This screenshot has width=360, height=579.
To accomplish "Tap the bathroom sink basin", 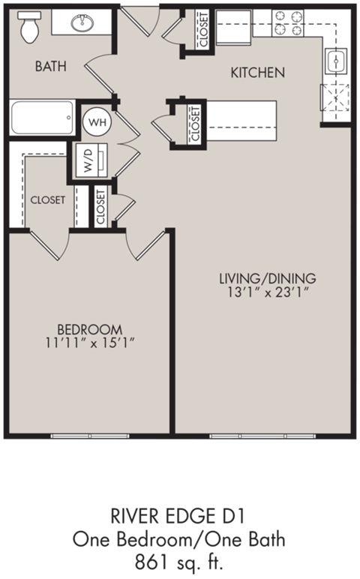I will pyautogui.click(x=80, y=23).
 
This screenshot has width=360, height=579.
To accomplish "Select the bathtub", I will pyautogui.click(x=42, y=118).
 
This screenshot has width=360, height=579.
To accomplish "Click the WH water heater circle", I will pyautogui.click(x=95, y=119).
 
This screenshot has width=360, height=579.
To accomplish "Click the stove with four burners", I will pyautogui.click(x=288, y=23).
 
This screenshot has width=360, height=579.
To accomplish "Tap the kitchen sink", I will pyautogui.click(x=335, y=61).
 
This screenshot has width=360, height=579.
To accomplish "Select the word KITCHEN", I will pyautogui.click(x=257, y=73).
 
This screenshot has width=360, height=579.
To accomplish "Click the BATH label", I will pyautogui.click(x=51, y=66).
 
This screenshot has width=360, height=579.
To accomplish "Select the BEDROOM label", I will pyautogui.click(x=90, y=328).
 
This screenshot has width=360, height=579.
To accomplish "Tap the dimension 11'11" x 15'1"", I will pyautogui.click(x=90, y=343).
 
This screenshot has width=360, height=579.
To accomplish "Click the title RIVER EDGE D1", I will pyautogui.click(x=179, y=516).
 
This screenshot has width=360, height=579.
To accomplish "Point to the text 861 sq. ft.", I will pyautogui.click(x=179, y=559).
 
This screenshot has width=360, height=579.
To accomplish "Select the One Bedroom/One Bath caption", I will pyautogui.click(x=179, y=538).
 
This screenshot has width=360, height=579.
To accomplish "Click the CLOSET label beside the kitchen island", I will pyautogui.click(x=195, y=123).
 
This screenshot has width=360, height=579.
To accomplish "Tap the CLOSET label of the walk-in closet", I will pyautogui.click(x=47, y=200).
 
